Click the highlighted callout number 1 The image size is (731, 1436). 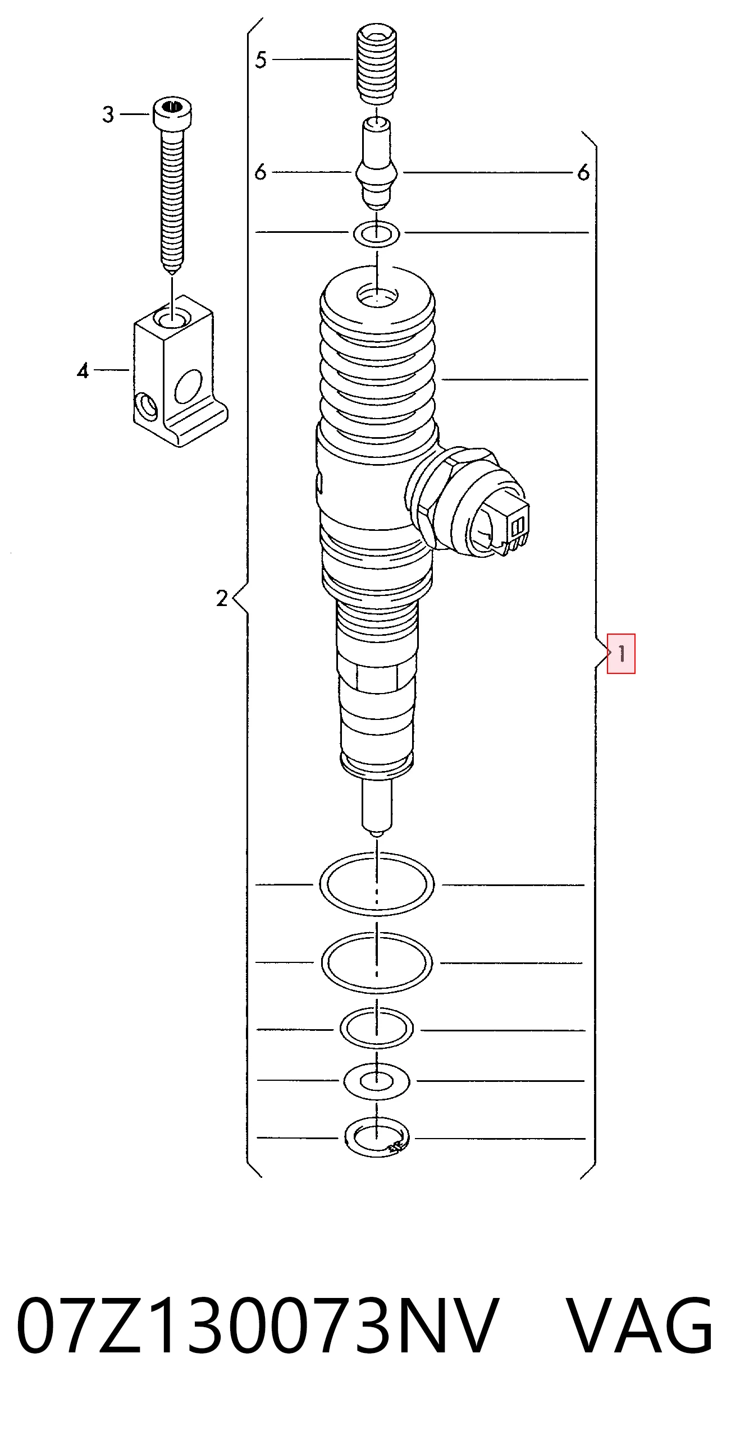pos(621,653)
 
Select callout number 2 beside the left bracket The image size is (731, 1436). pos(222,598)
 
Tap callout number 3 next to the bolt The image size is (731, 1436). pos(108,114)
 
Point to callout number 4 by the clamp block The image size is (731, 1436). pos(83,370)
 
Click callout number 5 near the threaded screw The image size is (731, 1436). pos(261,59)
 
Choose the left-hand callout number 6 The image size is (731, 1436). pos(260,172)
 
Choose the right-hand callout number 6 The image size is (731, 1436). pos(583,172)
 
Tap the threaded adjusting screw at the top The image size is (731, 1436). pos(377,63)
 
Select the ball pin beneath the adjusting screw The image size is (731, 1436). pos(377,163)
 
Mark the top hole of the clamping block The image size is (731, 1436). pos(172,319)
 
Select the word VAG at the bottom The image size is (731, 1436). pos(639,1327)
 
